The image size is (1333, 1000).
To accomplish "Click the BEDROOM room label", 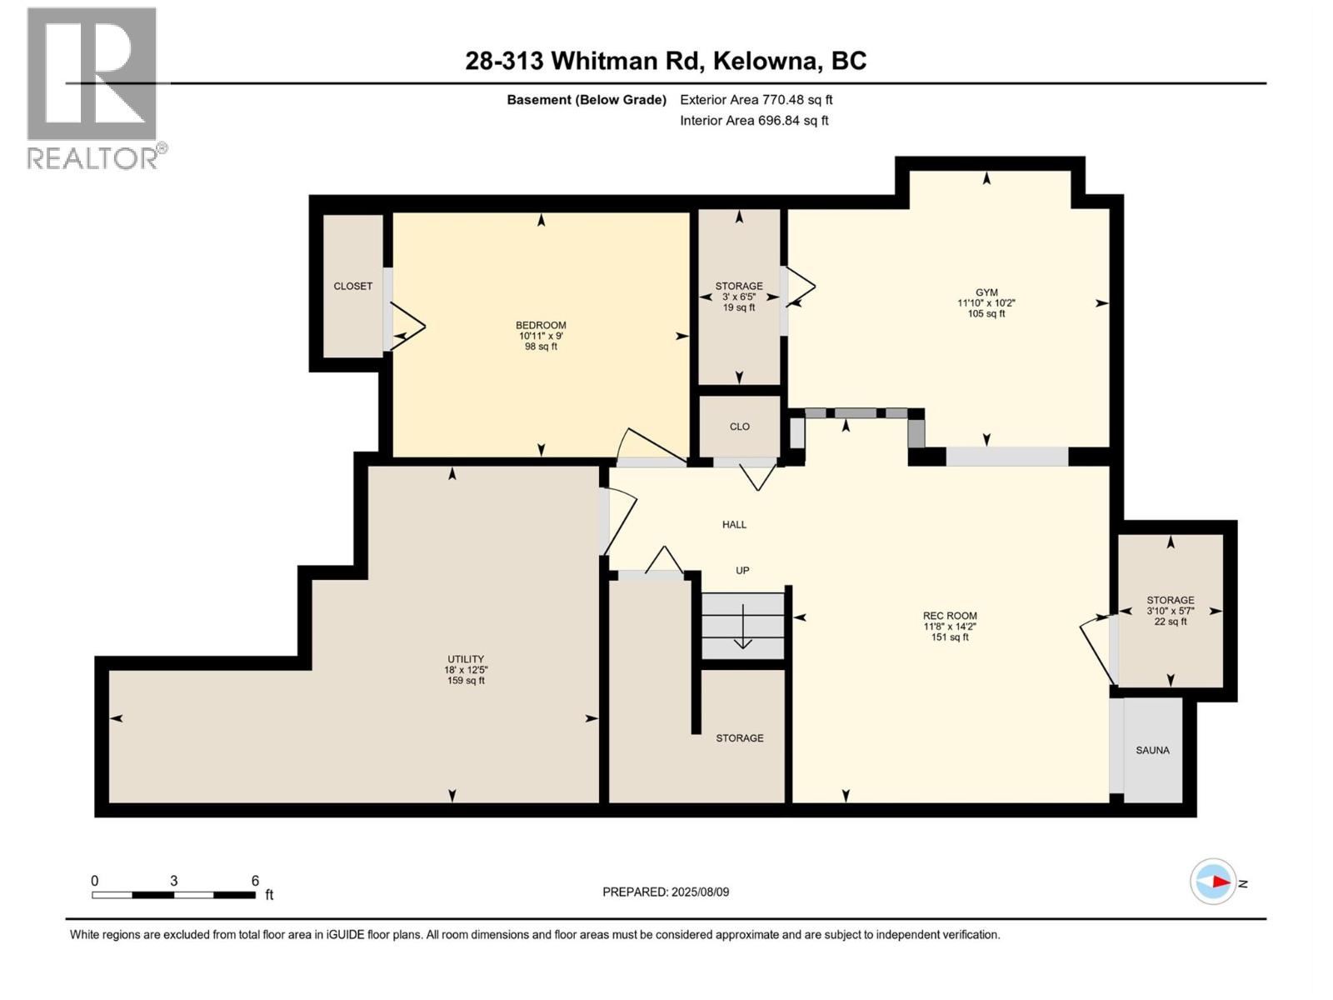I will point(541,325).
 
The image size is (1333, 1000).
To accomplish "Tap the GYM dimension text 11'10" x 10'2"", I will point(986,303).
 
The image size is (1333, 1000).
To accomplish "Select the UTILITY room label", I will point(465,659).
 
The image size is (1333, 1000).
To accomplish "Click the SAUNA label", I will point(1152,750).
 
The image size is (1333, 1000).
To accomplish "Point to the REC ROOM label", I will point(950,616).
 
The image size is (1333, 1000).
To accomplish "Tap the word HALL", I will point(734,524).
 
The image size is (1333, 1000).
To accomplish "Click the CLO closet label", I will point(739,427).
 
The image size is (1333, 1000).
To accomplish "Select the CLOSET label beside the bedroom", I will point(352,286).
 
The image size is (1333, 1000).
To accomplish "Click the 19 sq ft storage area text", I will point(739,307).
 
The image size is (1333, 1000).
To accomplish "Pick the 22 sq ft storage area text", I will point(1171,622).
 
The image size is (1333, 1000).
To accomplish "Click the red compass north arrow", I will point(1220,882).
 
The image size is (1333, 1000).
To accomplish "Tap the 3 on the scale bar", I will point(173,881).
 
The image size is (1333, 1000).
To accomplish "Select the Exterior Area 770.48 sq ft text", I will point(756,100).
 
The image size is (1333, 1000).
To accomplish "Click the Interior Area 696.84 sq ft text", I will point(754,121).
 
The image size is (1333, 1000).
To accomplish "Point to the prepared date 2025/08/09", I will point(700,892).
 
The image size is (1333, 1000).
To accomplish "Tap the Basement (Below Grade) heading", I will point(587,100).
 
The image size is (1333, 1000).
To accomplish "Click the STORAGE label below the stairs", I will point(739,738).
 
